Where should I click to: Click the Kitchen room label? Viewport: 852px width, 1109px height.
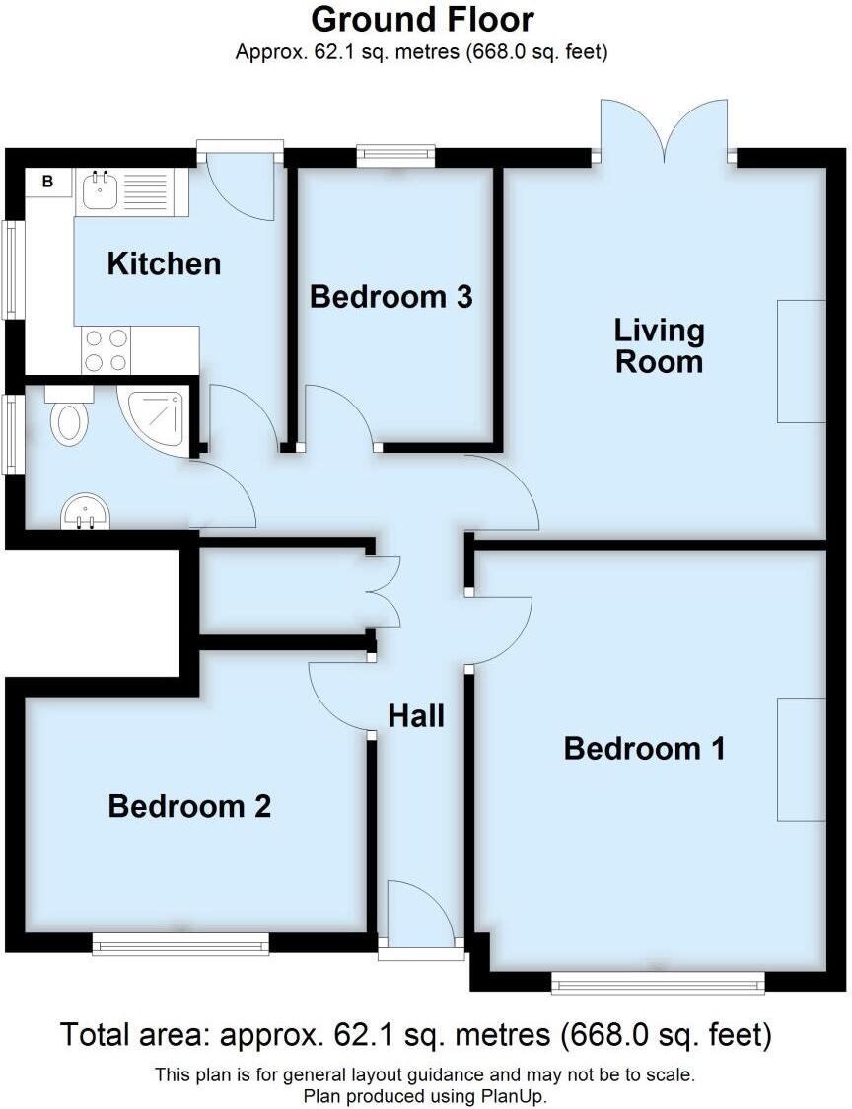(x=164, y=263)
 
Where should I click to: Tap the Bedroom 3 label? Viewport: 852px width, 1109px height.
(x=390, y=296)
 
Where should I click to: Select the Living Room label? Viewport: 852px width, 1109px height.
(x=659, y=345)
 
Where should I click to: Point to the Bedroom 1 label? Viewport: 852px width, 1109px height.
(x=644, y=748)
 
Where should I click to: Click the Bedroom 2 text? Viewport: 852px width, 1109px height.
(x=189, y=807)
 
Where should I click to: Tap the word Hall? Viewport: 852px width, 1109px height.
(x=415, y=715)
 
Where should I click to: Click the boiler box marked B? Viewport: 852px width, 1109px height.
(x=46, y=182)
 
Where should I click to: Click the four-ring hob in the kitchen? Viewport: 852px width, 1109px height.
(x=106, y=350)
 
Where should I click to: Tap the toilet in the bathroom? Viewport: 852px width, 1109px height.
(x=68, y=417)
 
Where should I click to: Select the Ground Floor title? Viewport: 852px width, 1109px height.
(x=422, y=20)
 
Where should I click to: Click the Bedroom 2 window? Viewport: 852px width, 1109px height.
(x=180, y=945)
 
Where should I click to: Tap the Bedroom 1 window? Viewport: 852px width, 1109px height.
(x=657, y=982)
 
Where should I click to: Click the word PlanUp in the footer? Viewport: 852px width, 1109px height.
(x=509, y=1095)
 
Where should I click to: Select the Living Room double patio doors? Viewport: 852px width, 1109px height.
(x=665, y=133)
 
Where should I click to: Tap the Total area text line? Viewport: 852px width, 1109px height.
(x=415, y=1035)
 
